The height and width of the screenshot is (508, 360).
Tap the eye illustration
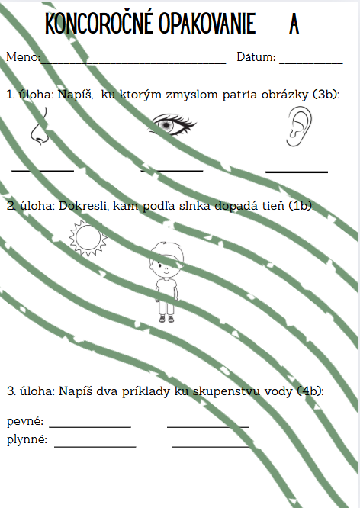[172, 124]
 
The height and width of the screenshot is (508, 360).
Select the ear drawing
[299, 127]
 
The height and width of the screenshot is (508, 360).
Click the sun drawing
[88, 238]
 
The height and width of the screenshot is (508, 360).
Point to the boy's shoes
[166, 319]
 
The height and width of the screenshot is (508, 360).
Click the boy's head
[166, 259]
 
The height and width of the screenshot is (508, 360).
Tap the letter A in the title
[294, 24]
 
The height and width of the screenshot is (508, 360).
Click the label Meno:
[24, 57]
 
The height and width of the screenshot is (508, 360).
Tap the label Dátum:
[256, 56]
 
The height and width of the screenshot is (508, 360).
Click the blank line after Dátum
[311, 63]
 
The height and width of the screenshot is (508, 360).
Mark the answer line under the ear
[297, 171]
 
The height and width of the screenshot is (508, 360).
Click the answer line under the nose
[43, 170]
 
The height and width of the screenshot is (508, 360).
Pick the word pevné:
[25, 421]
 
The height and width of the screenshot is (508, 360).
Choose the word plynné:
[27, 439]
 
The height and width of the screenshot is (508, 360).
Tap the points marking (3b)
[326, 95]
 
